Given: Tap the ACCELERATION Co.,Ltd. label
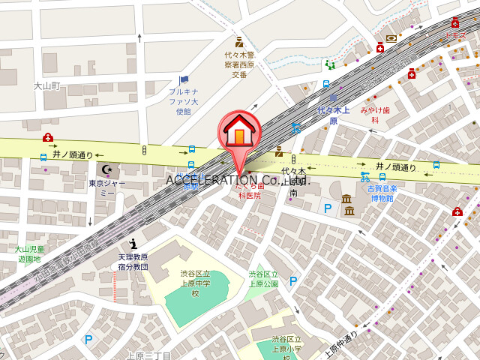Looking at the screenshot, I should click(238, 180).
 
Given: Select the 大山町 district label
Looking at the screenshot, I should click(46, 86).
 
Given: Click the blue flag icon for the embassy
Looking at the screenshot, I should click(184, 79).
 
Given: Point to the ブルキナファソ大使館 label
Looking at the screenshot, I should click(184, 101).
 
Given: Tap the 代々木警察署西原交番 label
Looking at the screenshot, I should click(239, 64).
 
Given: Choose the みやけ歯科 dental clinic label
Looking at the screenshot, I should click(375, 115).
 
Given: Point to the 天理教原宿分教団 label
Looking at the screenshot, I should click(133, 262).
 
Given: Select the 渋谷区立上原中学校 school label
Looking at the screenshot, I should click(194, 283).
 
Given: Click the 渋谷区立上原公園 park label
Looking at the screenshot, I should click(263, 279).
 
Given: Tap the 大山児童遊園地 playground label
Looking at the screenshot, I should click(29, 253).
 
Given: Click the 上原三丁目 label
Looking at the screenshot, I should click(149, 355).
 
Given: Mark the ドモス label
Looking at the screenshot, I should click(455, 35).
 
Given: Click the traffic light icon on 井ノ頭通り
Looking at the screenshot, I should click(143, 151).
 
